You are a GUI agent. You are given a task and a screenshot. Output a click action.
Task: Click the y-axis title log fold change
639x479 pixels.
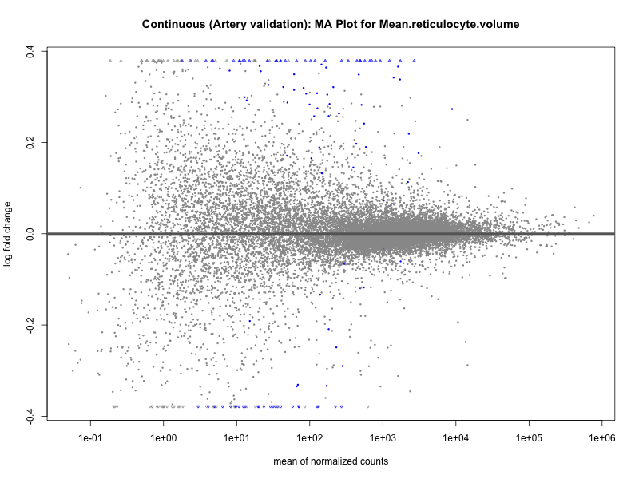pyautogui.click(x=9, y=234)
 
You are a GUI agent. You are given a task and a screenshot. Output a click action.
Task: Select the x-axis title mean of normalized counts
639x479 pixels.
pyautogui.click(x=331, y=461)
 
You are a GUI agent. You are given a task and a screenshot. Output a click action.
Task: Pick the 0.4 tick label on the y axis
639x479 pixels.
pyautogui.click(x=29, y=51)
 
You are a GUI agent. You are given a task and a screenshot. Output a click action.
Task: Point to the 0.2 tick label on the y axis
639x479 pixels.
pyautogui.click(x=29, y=143)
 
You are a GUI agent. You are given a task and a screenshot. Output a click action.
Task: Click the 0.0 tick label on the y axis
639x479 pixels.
pyautogui.click(x=29, y=234)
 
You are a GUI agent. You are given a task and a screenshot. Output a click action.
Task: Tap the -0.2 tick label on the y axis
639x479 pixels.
pyautogui.click(x=29, y=325)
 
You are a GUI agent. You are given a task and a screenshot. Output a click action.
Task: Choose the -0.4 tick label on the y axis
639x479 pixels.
pyautogui.click(x=29, y=417)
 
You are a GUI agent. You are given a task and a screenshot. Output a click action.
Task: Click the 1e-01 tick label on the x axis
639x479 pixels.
pyautogui.click(x=90, y=438)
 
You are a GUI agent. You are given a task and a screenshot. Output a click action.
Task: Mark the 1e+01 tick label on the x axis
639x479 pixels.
pyautogui.click(x=236, y=438)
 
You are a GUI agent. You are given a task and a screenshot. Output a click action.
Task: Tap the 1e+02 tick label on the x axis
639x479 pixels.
pyautogui.click(x=309, y=438)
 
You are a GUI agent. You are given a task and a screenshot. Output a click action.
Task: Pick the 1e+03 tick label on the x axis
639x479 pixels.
pyautogui.click(x=382, y=438)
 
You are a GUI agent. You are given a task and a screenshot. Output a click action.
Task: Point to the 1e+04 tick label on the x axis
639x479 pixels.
pyautogui.click(x=455, y=438)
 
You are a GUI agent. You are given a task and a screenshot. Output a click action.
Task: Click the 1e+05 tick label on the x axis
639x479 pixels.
pyautogui.click(x=528, y=438)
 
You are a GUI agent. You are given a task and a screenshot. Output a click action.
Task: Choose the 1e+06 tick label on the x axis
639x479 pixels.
pyautogui.click(x=601, y=438)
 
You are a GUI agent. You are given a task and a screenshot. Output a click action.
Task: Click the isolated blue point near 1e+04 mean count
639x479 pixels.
pyautogui.click(x=452, y=109)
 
